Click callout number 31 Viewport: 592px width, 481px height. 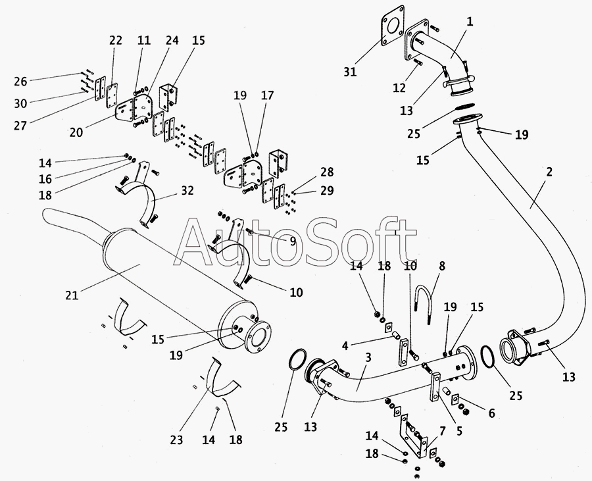350,71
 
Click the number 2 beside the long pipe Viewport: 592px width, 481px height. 549,172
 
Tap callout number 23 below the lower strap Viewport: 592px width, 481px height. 176,440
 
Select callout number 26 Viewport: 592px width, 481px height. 20,82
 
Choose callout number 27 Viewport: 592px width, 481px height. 20,124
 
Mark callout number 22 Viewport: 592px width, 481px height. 116,41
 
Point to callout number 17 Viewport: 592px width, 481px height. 267,95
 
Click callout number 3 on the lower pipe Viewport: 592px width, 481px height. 368,358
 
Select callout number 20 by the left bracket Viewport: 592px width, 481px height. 76,132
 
